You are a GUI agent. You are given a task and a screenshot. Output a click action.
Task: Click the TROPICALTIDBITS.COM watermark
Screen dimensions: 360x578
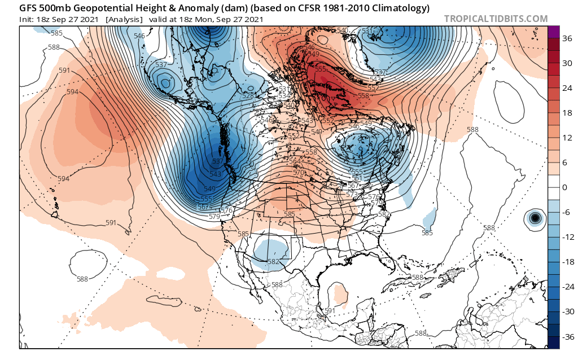point(496,19)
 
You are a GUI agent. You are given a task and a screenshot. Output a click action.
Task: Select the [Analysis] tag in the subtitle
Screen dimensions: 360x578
point(124,20)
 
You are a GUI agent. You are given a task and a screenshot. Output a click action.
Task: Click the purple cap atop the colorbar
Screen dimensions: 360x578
point(553,32)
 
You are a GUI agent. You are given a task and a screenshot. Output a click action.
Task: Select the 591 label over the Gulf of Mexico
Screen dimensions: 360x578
point(330,311)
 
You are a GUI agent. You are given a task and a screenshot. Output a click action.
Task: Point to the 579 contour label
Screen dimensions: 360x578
point(214,216)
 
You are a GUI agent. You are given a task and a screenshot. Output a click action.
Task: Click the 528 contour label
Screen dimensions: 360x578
point(247,96)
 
